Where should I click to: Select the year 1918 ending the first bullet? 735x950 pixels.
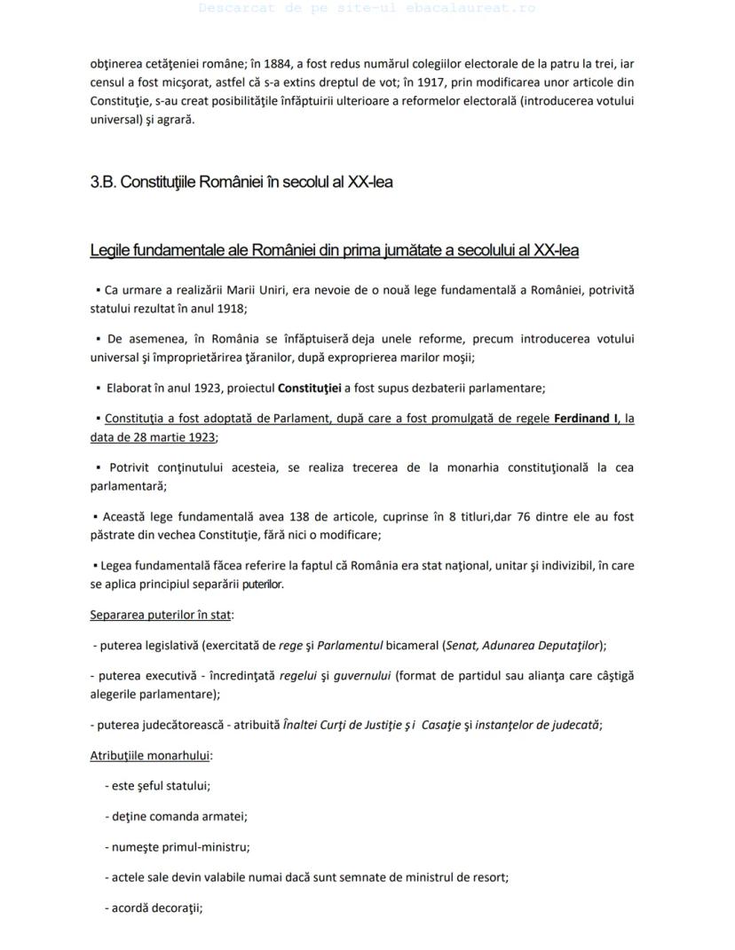(229, 309)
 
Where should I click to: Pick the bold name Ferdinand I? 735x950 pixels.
(586, 418)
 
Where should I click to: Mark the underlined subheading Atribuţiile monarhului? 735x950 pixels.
(151, 756)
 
